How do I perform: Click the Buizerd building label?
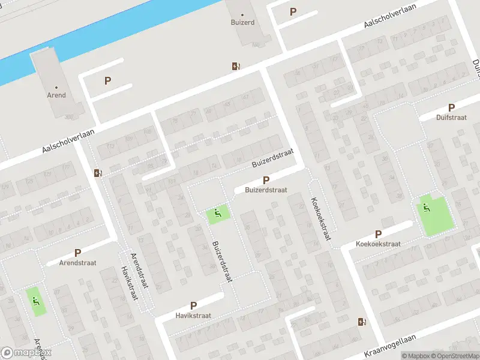pyautogui.click(x=242, y=22)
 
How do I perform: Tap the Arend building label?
pyautogui.click(x=56, y=95)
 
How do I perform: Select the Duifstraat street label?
pyautogui.click(x=451, y=118)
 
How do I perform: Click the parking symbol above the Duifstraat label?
pyautogui.click(x=451, y=107)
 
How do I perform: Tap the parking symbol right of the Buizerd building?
pyautogui.click(x=293, y=11)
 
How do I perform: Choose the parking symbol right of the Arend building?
pyautogui.click(x=108, y=81)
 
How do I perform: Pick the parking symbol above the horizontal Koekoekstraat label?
pyautogui.click(x=378, y=235)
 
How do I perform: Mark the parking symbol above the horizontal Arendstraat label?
pyautogui.click(x=77, y=253)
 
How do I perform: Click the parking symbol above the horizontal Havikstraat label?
pyautogui.click(x=193, y=306)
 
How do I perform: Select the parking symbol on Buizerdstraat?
pyautogui.click(x=266, y=180)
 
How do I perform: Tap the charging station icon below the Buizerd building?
pyautogui.click(x=236, y=67)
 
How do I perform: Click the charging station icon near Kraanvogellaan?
pyautogui.click(x=361, y=322)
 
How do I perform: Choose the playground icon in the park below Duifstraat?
pyautogui.click(x=426, y=208)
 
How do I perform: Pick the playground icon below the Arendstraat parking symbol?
pyautogui.click(x=35, y=301)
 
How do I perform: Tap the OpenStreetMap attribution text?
pyautogui.click(x=454, y=356)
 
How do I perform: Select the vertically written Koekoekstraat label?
pyautogui.click(x=320, y=219)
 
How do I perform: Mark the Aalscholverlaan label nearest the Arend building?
pyautogui.click(x=70, y=142)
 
